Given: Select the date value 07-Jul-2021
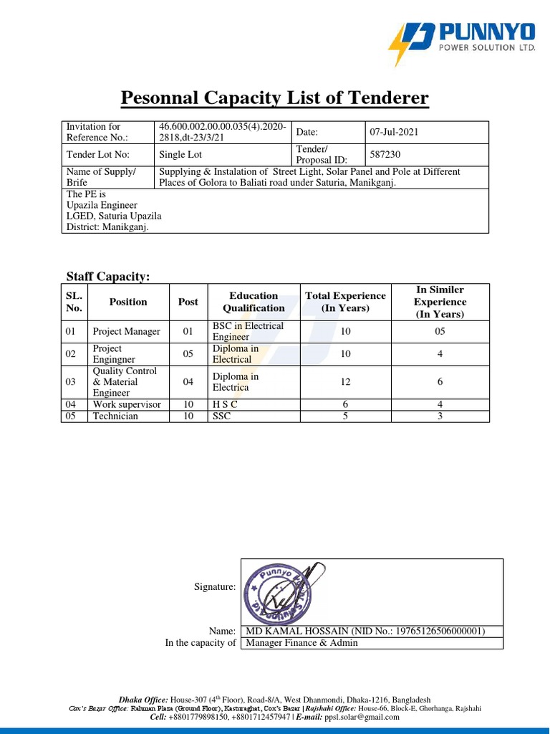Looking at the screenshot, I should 394,133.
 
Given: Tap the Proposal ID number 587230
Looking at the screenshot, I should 385,154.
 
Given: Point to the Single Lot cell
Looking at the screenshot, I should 180,154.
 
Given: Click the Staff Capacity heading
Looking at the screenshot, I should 108,277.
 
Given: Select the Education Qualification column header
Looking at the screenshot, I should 254,302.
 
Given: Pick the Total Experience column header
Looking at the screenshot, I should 345,302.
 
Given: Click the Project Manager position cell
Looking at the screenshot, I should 127,332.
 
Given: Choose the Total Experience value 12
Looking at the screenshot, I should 345,382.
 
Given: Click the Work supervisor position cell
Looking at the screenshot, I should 127,404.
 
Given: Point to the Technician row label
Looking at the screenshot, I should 115,416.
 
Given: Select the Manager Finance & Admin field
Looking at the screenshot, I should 301,643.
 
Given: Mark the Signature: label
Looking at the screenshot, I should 215,587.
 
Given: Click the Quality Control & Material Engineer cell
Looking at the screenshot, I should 125,382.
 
